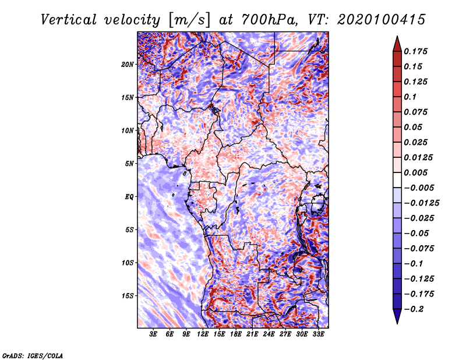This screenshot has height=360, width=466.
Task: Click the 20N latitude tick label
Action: click(128, 65)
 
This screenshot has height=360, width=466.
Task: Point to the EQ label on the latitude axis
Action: click(129, 197)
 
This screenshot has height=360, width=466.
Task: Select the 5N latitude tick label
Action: click(129, 164)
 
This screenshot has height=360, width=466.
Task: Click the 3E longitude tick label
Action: click(153, 334)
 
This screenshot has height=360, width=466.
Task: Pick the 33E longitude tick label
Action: click(318, 334)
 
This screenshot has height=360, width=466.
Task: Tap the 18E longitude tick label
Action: click(236, 334)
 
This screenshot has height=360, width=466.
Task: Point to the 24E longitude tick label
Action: click(269, 334)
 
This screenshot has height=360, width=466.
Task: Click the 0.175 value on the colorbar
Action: click(415, 51)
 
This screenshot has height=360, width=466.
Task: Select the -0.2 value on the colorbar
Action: click(414, 309)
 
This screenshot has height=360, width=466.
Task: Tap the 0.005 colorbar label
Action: click(415, 172)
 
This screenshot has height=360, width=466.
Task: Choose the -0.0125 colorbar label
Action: click(421, 203)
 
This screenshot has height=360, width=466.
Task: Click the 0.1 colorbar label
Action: click(410, 97)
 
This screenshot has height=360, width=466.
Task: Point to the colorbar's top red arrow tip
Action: click(397, 36)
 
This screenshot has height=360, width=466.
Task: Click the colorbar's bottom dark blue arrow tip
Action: click(397, 323)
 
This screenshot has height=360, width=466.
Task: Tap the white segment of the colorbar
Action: click(397, 180)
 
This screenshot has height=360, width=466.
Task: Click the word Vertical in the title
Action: click(69, 20)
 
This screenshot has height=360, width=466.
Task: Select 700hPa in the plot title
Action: click(269, 20)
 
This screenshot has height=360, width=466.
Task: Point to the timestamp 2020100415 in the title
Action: click(382, 20)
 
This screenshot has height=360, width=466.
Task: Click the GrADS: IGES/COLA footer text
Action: click(33, 356)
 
